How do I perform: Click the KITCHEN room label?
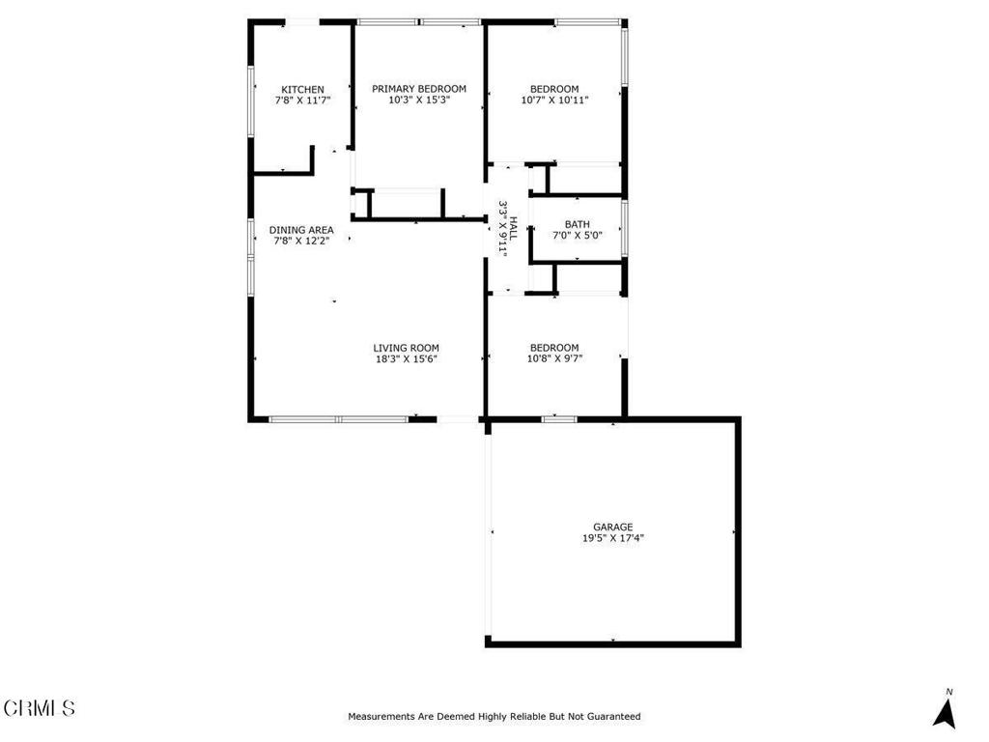[x=302, y=90]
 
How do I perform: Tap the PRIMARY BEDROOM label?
[x=419, y=89]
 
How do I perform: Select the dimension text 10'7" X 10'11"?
[x=554, y=100]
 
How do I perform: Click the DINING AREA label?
[x=301, y=230]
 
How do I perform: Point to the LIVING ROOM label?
[x=406, y=348]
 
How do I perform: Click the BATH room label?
[x=578, y=224]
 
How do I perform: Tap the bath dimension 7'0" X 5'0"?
[x=578, y=235]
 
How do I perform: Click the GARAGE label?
[x=613, y=528]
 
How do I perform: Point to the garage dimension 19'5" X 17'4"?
[x=613, y=538]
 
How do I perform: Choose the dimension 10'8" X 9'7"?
[x=554, y=358]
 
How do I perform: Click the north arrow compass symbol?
[x=945, y=710]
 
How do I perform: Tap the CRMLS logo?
[x=39, y=708]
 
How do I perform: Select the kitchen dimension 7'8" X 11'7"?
[x=302, y=100]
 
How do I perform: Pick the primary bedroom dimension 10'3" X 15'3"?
[x=419, y=100]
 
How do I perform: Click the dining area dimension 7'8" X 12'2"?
[x=301, y=241]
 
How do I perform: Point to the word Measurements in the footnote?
[x=379, y=717]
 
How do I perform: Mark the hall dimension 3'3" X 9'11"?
[x=502, y=227]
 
